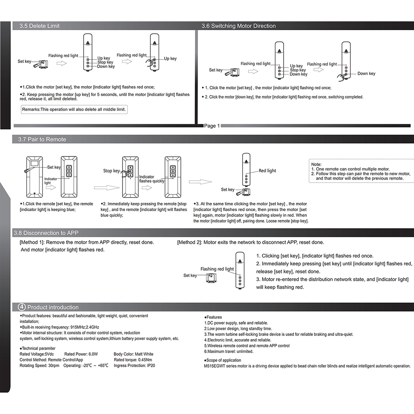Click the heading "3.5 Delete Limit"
pyautogui.click(x=40, y=26)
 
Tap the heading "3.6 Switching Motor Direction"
pyautogui.click(x=238, y=26)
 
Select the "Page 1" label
pyautogui.click(x=212, y=126)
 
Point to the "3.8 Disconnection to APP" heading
pyautogui.click(x=46, y=233)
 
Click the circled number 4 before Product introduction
pyautogui.click(x=22, y=307)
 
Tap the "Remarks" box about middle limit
pyautogui.click(x=75, y=109)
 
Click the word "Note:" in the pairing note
pyautogui.click(x=316, y=164)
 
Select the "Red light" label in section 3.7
pyautogui.click(x=267, y=171)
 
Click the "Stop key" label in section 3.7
pyautogui.click(x=111, y=171)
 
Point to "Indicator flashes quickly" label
pyautogui.click(x=152, y=179)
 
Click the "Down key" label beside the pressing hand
pyautogui.click(x=366, y=74)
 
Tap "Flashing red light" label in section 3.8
pyautogui.click(x=217, y=269)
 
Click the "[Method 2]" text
pyautogui.click(x=190, y=242)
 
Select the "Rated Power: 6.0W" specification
pyautogui.click(x=81, y=354)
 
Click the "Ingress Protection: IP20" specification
pyautogui.click(x=134, y=366)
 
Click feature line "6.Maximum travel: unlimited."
pyautogui.click(x=229, y=351)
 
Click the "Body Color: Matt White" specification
pyautogui.click(x=133, y=354)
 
